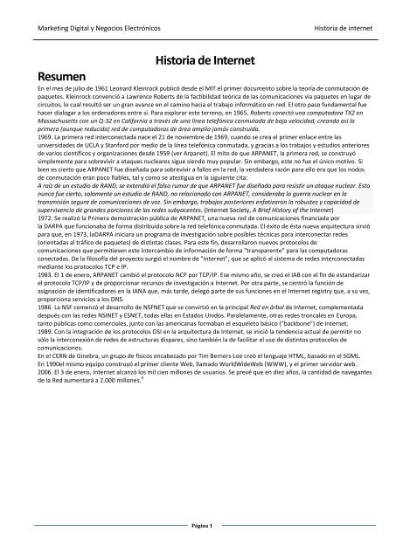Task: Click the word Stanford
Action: tap(122, 169)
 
